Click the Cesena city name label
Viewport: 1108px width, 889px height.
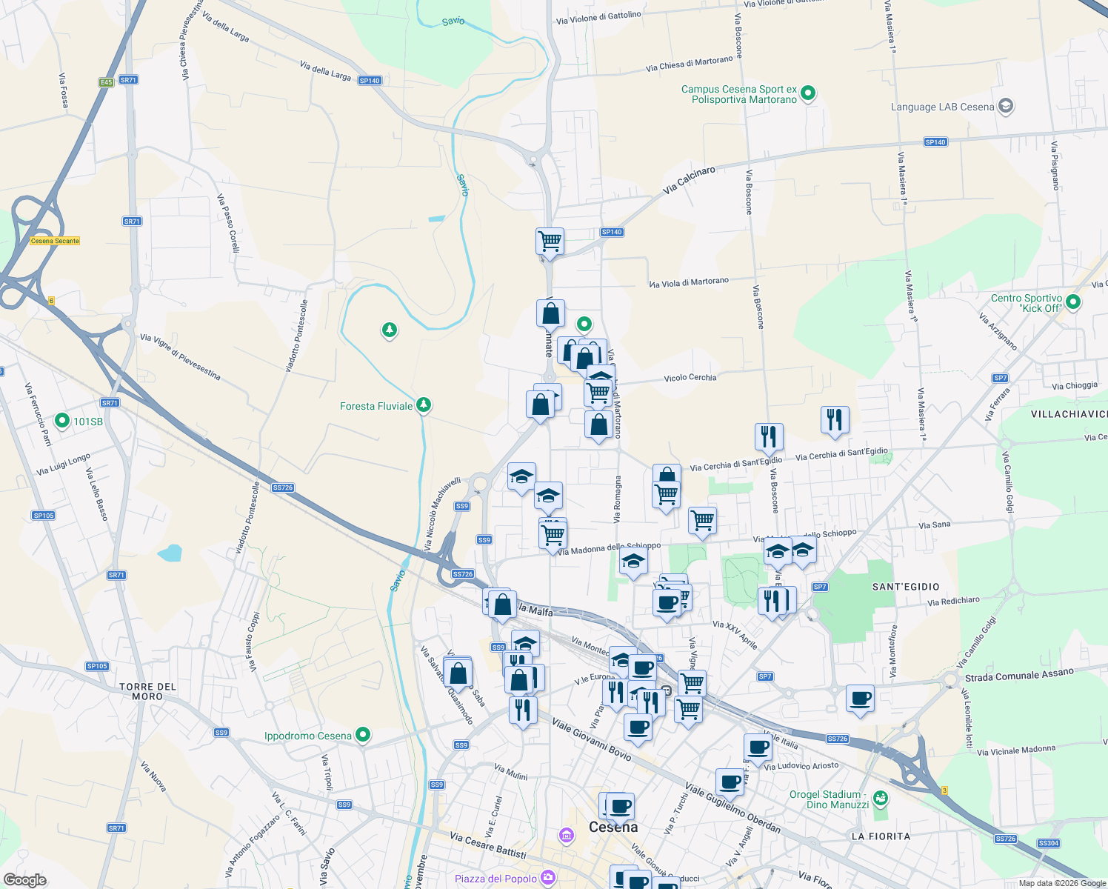tap(613, 827)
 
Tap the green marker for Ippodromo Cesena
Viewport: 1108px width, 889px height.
tap(363, 735)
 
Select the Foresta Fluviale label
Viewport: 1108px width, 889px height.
tap(376, 406)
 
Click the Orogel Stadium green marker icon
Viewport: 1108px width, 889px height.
tap(880, 799)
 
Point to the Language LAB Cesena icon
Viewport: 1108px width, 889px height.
tap(1005, 106)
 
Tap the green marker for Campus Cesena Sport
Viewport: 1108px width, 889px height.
tap(808, 94)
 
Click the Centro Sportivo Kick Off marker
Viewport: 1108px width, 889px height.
tap(1073, 302)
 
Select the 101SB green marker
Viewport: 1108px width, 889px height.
tap(62, 422)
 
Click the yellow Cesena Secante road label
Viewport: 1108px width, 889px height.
tap(55, 241)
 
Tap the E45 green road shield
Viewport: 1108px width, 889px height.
tap(106, 82)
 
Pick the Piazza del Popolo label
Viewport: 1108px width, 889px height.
tap(495, 879)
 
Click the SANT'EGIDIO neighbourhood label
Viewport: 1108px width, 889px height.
tap(906, 587)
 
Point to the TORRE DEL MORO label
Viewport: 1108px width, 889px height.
tap(147, 691)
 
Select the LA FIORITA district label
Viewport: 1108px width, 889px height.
tap(881, 836)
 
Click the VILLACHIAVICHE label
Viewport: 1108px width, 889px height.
tap(1069, 414)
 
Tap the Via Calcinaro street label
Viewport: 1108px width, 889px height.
tap(689, 180)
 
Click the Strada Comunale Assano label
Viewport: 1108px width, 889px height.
tap(1019, 675)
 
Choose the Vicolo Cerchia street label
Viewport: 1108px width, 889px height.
tap(690, 378)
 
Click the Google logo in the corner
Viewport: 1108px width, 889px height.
tap(24, 879)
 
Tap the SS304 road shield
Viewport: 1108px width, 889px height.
tap(1049, 843)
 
